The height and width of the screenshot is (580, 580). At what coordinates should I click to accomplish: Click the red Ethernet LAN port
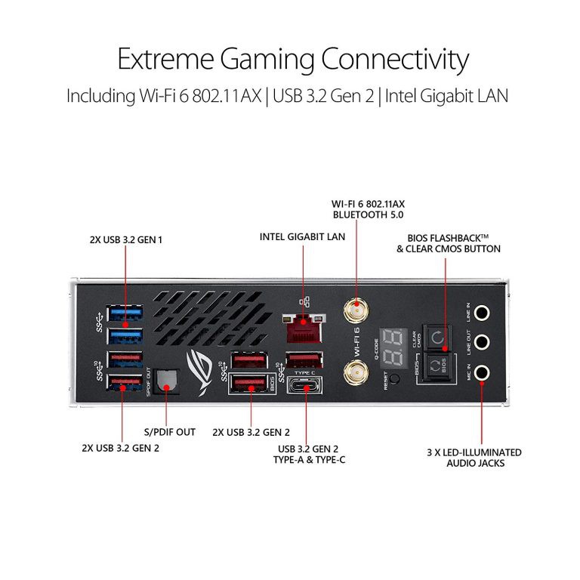(303, 326)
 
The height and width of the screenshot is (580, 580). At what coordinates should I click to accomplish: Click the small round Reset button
(393, 378)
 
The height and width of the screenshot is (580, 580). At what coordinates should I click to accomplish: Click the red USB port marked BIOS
(248, 384)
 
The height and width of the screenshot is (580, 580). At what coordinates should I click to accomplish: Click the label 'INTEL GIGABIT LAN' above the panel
(302, 237)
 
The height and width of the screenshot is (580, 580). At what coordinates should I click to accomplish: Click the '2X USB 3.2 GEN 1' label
(126, 240)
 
